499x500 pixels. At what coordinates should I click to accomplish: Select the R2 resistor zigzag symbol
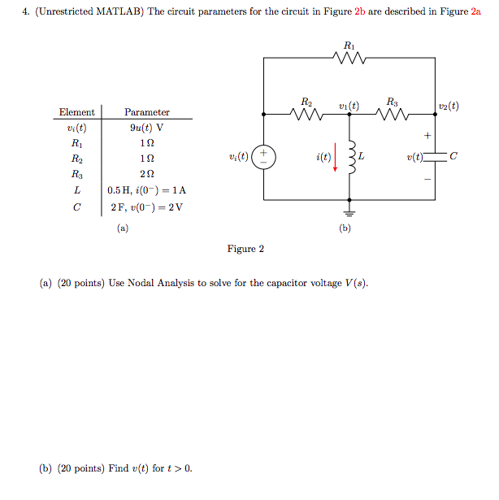(x=306, y=115)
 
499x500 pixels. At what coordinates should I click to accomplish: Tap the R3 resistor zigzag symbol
(x=393, y=115)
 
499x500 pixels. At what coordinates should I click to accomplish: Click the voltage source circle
(x=264, y=157)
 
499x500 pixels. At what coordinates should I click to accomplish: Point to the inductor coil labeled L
(x=350, y=157)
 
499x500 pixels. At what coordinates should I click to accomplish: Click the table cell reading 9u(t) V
(x=146, y=127)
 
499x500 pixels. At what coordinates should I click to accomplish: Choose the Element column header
(x=76, y=112)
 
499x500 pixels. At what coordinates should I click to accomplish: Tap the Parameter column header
(x=146, y=112)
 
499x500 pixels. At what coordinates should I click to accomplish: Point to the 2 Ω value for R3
(x=146, y=174)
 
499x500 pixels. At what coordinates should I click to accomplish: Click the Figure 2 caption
(x=245, y=249)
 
